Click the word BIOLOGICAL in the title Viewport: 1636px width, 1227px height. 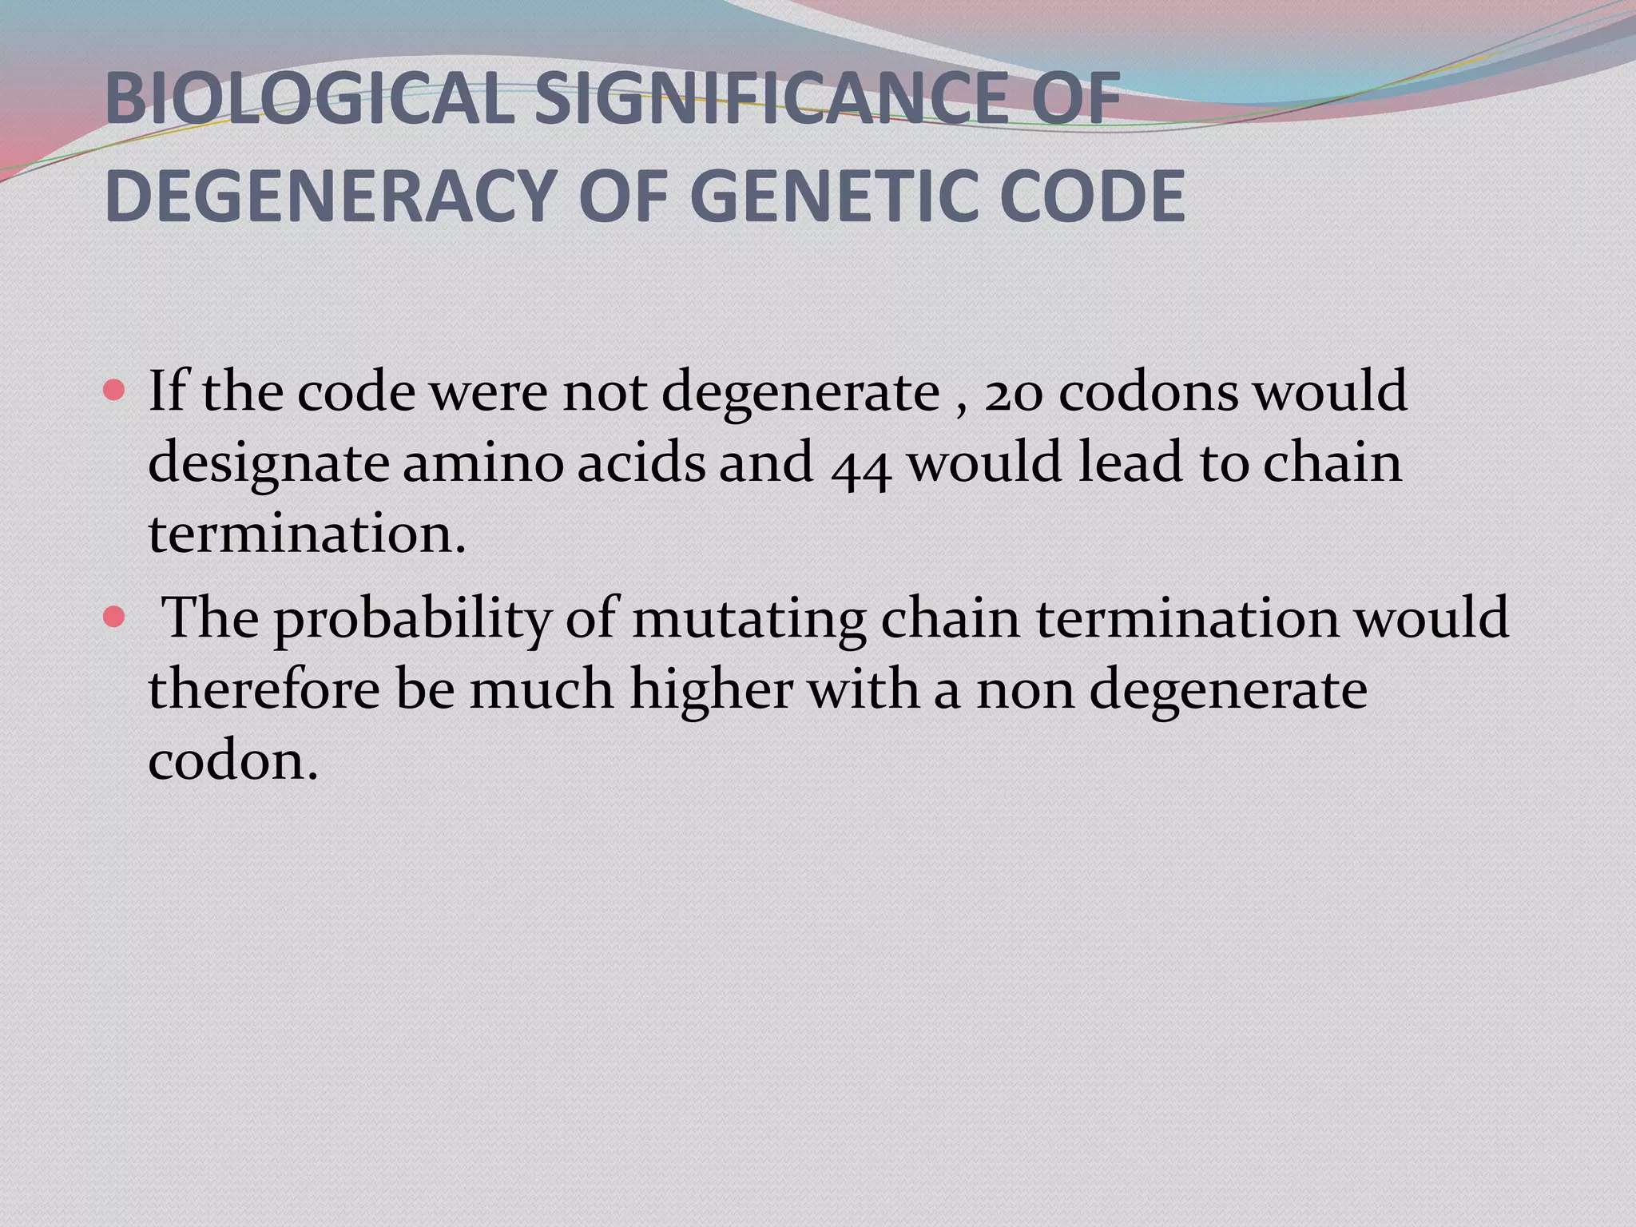tap(308, 99)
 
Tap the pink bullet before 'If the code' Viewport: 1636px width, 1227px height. tap(114, 391)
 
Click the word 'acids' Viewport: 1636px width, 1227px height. tap(641, 463)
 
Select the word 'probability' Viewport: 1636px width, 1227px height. tap(412, 620)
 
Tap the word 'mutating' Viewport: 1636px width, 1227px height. tap(749, 620)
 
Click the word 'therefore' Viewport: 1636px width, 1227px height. tap(264, 689)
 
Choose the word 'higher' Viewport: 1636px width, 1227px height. tap(711, 690)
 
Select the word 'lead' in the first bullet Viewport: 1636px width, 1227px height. tap(1130, 463)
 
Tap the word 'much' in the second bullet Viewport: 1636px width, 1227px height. tap(541, 689)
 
